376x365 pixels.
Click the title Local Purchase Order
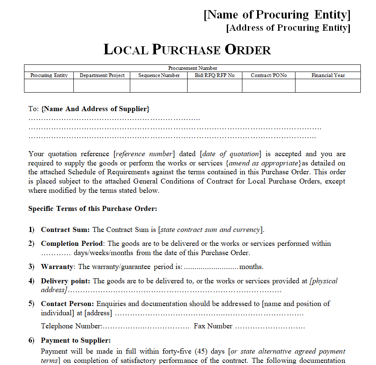point(187,50)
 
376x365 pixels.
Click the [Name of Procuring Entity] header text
point(277,15)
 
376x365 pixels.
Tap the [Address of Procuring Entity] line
point(288,28)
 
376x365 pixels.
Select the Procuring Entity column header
point(49,75)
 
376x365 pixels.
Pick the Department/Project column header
point(102,75)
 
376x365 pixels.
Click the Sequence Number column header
point(159,75)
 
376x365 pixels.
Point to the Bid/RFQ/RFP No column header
point(215,75)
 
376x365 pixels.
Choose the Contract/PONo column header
point(269,75)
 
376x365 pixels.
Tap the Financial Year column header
point(328,75)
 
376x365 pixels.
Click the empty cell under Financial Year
point(328,85)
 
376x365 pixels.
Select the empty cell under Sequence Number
point(159,85)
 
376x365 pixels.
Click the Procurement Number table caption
point(193,68)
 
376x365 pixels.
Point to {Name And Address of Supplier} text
point(96,109)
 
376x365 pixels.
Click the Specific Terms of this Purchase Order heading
point(93,208)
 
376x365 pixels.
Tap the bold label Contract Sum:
point(65,230)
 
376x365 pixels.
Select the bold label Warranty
point(57,267)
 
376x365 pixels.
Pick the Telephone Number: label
point(71,326)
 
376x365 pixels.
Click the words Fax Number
point(213,326)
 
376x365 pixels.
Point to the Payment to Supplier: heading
point(76,341)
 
